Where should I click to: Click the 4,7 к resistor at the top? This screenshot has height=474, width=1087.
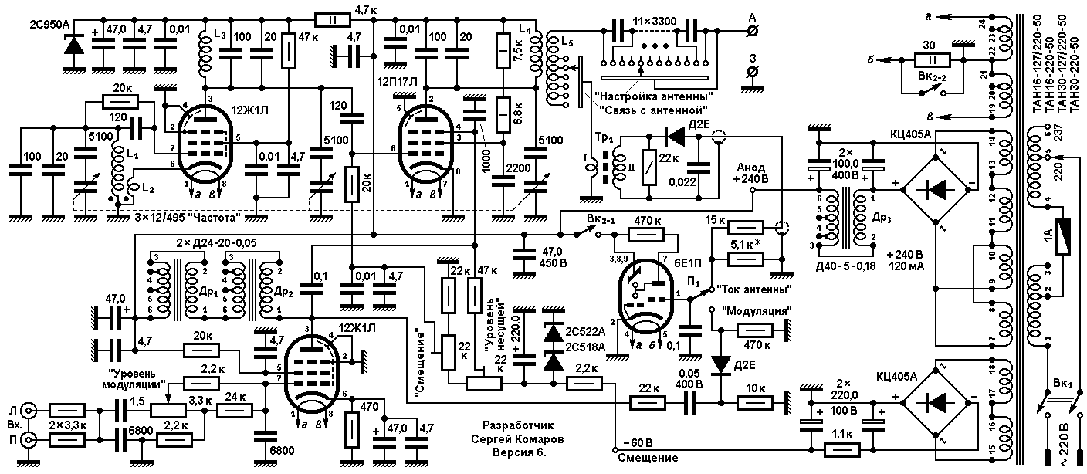pos(333,20)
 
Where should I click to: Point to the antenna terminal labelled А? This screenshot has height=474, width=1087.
pos(753,31)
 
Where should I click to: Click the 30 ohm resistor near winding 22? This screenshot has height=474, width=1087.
pos(932,61)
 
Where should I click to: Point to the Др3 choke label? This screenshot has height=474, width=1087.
pos(882,218)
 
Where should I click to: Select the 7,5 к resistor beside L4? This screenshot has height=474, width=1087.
pos(503,51)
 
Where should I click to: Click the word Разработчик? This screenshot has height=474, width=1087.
pos(518,425)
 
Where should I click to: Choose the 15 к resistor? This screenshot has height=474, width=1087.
pos(746,227)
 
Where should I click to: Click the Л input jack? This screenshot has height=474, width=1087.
pos(31,411)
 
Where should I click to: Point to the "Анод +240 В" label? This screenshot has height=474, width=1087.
pos(752,173)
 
